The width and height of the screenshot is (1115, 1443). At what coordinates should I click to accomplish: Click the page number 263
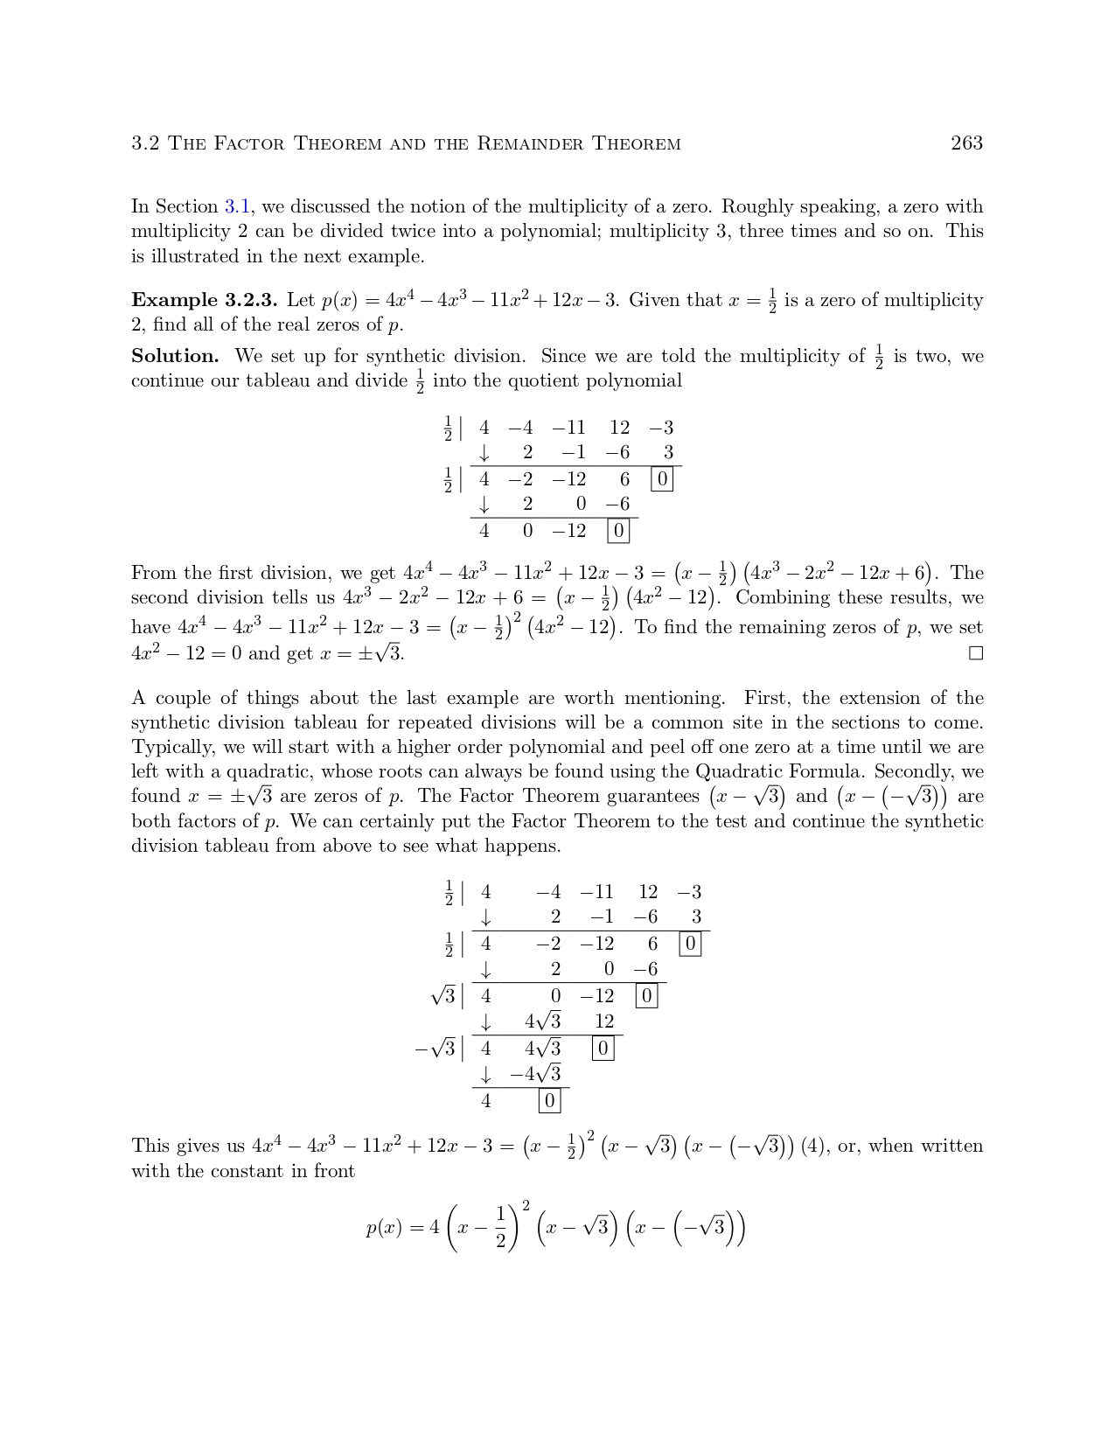click(966, 143)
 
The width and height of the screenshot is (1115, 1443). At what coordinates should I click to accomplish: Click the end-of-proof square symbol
click(976, 653)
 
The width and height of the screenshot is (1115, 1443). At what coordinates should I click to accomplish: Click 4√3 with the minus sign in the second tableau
click(535, 1074)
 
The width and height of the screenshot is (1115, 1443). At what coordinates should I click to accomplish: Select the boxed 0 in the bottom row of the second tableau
click(549, 1101)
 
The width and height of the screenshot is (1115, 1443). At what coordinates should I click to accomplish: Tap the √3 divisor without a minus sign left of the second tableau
click(443, 995)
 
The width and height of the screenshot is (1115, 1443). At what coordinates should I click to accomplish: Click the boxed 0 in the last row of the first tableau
click(618, 531)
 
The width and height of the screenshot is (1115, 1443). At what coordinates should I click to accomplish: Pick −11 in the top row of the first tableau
click(568, 428)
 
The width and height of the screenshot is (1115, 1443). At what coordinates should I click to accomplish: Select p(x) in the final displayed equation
click(385, 1228)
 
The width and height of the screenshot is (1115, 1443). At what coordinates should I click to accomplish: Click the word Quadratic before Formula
click(739, 772)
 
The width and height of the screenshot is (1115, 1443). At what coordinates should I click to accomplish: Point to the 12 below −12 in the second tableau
click(604, 1021)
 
